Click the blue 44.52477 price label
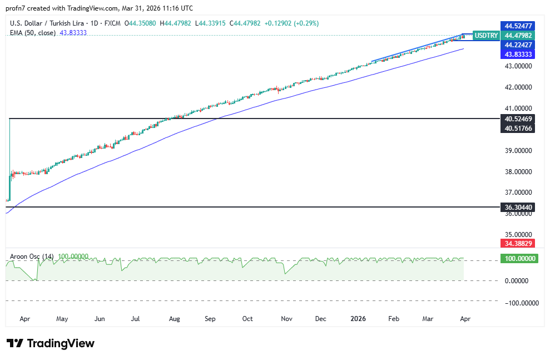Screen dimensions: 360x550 click(x=518, y=26)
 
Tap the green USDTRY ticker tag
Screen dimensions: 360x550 click(x=486, y=35)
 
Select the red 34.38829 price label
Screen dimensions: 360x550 click(x=518, y=244)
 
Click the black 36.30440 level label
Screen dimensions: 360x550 click(x=518, y=207)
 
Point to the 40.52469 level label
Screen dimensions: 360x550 click(x=518, y=119)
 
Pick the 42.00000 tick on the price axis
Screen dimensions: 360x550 click(x=518, y=87)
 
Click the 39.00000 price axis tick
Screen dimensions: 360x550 click(x=518, y=151)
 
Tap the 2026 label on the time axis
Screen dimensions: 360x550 click(x=359, y=319)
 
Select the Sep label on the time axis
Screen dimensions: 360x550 click(x=210, y=319)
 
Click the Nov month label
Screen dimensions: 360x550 click(x=286, y=319)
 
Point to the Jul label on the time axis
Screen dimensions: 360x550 click(x=135, y=319)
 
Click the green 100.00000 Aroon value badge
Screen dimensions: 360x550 click(x=518, y=259)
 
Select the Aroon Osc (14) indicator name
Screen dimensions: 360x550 click(x=32, y=257)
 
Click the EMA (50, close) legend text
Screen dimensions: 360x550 click(x=33, y=33)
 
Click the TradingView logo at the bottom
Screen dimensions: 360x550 click(x=50, y=343)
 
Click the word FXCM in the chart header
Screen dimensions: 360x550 click(x=113, y=23)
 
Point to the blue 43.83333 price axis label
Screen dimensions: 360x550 click(x=518, y=55)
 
